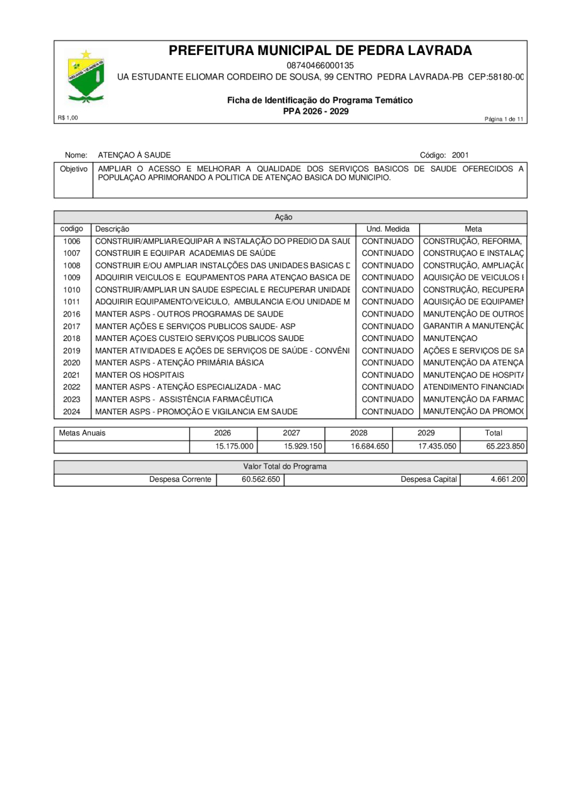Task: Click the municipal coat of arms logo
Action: (x=86, y=77)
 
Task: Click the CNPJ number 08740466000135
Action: (x=320, y=65)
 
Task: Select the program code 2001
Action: (x=460, y=155)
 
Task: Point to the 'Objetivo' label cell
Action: (x=73, y=169)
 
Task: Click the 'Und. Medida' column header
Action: (x=388, y=229)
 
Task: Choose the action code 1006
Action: (x=72, y=241)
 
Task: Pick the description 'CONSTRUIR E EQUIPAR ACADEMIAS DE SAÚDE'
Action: (x=186, y=253)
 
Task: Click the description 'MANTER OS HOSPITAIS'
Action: (x=140, y=375)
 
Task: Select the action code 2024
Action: (x=72, y=411)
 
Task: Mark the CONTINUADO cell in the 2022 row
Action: (x=388, y=387)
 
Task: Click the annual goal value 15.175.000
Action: (x=234, y=446)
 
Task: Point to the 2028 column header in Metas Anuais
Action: (x=358, y=433)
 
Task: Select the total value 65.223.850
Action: (x=505, y=446)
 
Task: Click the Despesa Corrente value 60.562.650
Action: (x=261, y=479)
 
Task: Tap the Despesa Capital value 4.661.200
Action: (x=507, y=479)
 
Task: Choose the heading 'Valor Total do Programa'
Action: (x=285, y=466)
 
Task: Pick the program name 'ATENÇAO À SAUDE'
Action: (x=134, y=155)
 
